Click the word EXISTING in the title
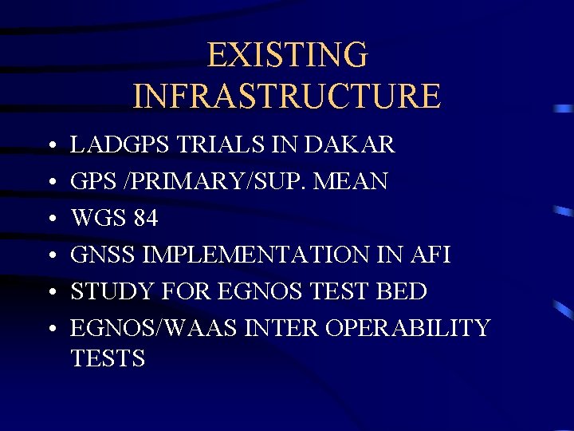287,56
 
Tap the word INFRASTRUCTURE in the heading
287,96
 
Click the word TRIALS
214,145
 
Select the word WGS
96,218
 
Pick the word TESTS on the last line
108,359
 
